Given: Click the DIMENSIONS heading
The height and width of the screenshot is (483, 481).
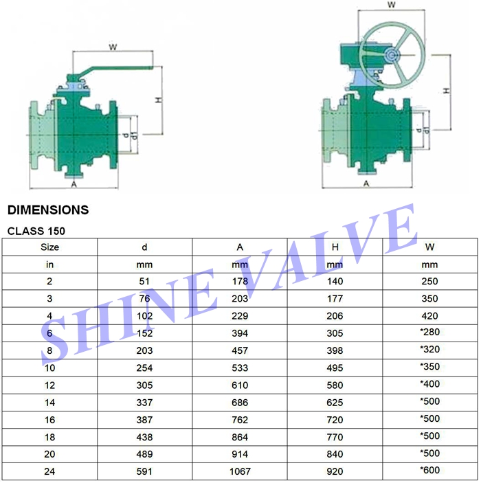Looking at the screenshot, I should (x=48, y=210).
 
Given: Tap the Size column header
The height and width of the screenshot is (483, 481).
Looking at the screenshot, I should (x=49, y=247).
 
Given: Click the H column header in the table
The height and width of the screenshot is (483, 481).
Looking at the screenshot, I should (x=335, y=247).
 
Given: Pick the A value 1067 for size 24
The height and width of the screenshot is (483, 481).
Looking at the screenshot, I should (x=240, y=472).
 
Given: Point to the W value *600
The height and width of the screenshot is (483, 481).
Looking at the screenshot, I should (x=429, y=472).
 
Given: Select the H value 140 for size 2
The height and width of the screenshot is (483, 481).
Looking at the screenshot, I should (x=335, y=281).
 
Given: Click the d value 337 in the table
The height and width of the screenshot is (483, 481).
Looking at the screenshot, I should (x=144, y=402).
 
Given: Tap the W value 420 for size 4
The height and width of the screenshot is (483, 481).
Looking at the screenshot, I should (x=429, y=315).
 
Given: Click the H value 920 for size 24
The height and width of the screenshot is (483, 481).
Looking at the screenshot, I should (x=335, y=472).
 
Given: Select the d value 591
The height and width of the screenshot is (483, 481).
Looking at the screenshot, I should (x=144, y=472).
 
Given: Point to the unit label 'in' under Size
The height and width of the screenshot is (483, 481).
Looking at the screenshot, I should (x=49, y=264).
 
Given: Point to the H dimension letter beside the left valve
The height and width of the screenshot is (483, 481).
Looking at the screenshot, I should (x=157, y=100).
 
